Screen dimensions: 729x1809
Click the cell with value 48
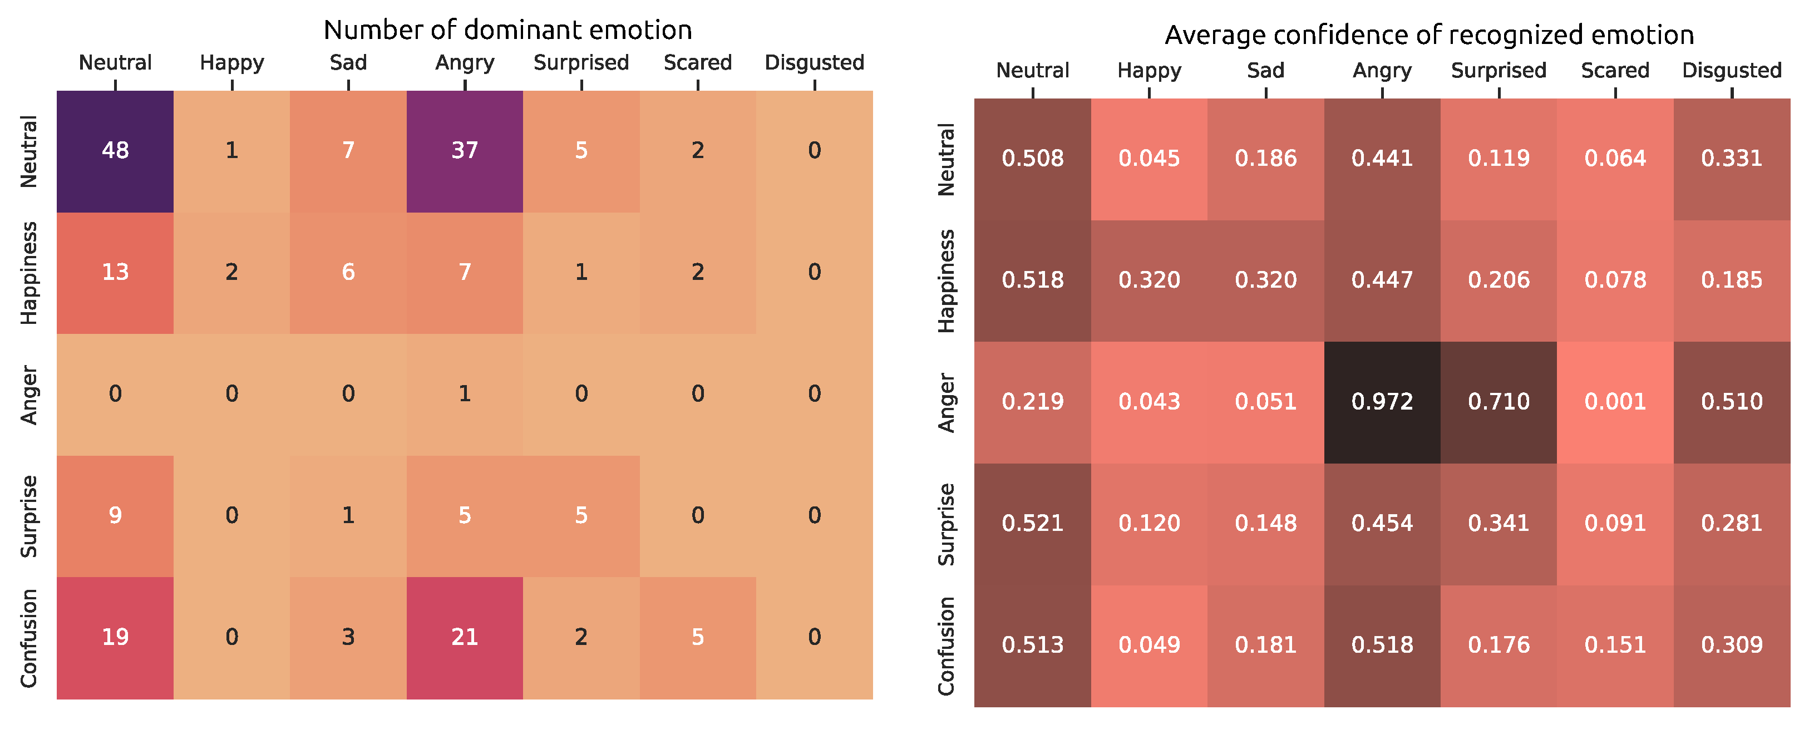tap(115, 151)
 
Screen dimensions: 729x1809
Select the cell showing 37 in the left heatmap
tap(464, 151)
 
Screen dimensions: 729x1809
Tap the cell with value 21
tap(464, 638)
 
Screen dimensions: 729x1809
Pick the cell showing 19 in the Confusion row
tap(115, 638)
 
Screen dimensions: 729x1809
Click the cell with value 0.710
tap(1498, 402)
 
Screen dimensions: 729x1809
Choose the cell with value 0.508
tap(1032, 159)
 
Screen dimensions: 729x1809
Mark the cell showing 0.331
tap(1731, 159)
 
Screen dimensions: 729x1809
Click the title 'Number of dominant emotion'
tap(507, 30)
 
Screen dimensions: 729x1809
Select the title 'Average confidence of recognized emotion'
tap(1429, 35)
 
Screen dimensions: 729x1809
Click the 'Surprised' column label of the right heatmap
tap(1498, 71)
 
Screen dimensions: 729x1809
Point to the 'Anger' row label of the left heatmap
tap(29, 395)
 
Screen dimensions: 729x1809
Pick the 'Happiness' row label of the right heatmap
tap(946, 281)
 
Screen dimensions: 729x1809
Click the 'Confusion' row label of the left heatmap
tap(29, 638)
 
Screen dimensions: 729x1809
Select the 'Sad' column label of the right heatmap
tap(1265, 71)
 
